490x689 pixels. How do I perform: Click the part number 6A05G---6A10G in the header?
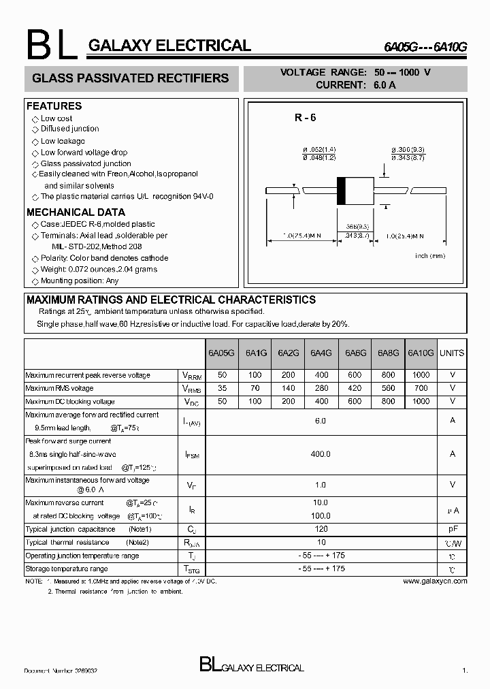pos(425,48)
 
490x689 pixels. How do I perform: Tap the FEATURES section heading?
pos(54,106)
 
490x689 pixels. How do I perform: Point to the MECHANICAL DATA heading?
pos(76,212)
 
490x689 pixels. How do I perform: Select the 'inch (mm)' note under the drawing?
pos(429,256)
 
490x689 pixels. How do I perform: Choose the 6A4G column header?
pos(321,353)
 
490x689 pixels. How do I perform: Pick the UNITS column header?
pos(452,353)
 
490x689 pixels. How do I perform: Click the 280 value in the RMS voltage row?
pos(321,388)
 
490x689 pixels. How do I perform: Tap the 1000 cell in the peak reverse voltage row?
pos(421,375)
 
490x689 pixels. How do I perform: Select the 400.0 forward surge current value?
pos(321,454)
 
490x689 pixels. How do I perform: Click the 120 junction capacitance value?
pos(321,529)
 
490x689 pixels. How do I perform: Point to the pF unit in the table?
pos(452,529)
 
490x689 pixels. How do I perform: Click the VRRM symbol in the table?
pos(191,376)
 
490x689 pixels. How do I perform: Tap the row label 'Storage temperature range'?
pos(67,568)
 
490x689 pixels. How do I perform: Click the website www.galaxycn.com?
pos(435,581)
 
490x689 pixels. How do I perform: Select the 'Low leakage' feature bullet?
pos(63,141)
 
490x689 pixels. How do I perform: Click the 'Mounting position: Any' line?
pos(79,281)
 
